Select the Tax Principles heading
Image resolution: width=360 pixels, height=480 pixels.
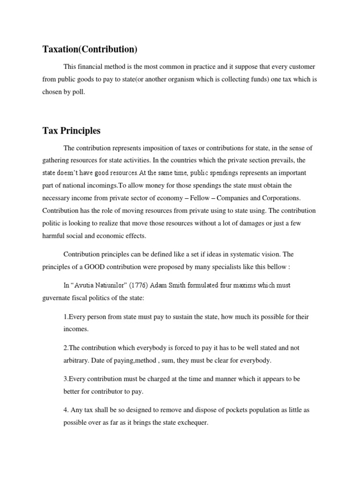(x=71, y=131)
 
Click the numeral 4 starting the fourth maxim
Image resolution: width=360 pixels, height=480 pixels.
(x=66, y=410)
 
